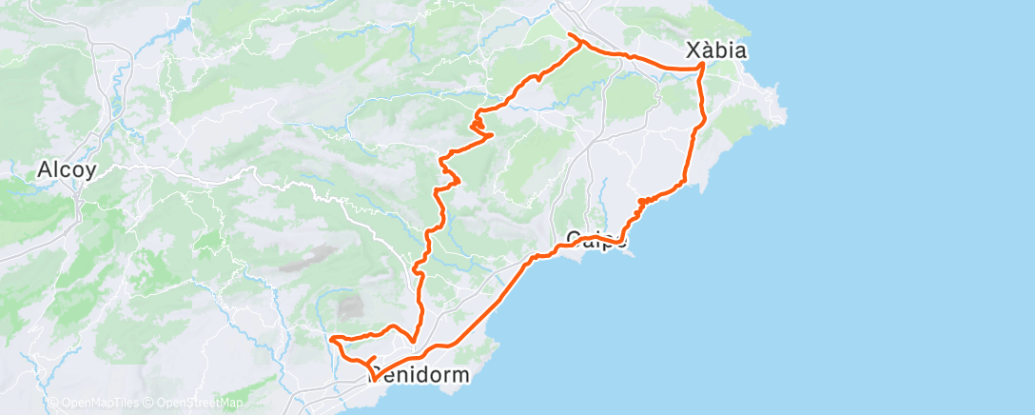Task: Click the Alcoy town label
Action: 67,171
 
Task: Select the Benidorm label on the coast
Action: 420,375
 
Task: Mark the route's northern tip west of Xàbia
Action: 570,35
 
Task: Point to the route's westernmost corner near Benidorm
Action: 330,338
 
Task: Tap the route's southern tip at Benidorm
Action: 373,379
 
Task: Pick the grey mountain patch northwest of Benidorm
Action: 351,306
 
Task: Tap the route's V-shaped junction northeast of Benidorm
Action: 412,340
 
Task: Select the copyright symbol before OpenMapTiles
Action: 53,403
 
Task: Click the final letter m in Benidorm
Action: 460,375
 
